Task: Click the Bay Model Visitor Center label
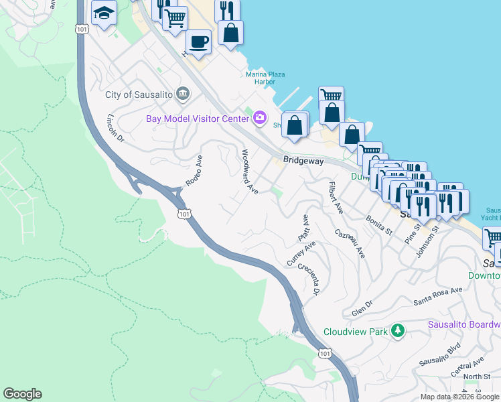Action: point(198,119)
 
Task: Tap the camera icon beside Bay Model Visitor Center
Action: point(259,119)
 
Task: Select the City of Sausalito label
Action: point(139,94)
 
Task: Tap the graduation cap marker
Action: point(104,13)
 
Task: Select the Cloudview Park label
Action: point(356,331)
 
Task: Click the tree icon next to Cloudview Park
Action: point(399,331)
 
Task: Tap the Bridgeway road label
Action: point(303,161)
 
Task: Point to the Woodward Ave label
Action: point(249,172)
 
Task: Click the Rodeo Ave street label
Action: point(194,172)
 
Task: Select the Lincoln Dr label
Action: point(115,128)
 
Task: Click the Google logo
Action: point(22,394)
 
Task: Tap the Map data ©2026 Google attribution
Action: point(459,397)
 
